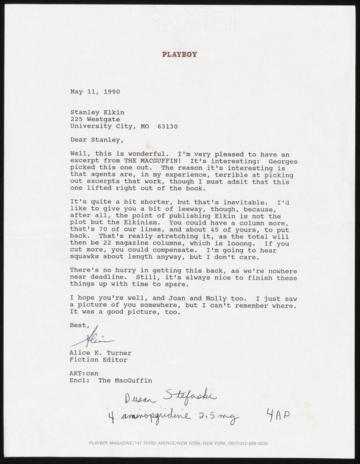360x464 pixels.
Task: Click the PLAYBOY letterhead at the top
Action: coord(180,56)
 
